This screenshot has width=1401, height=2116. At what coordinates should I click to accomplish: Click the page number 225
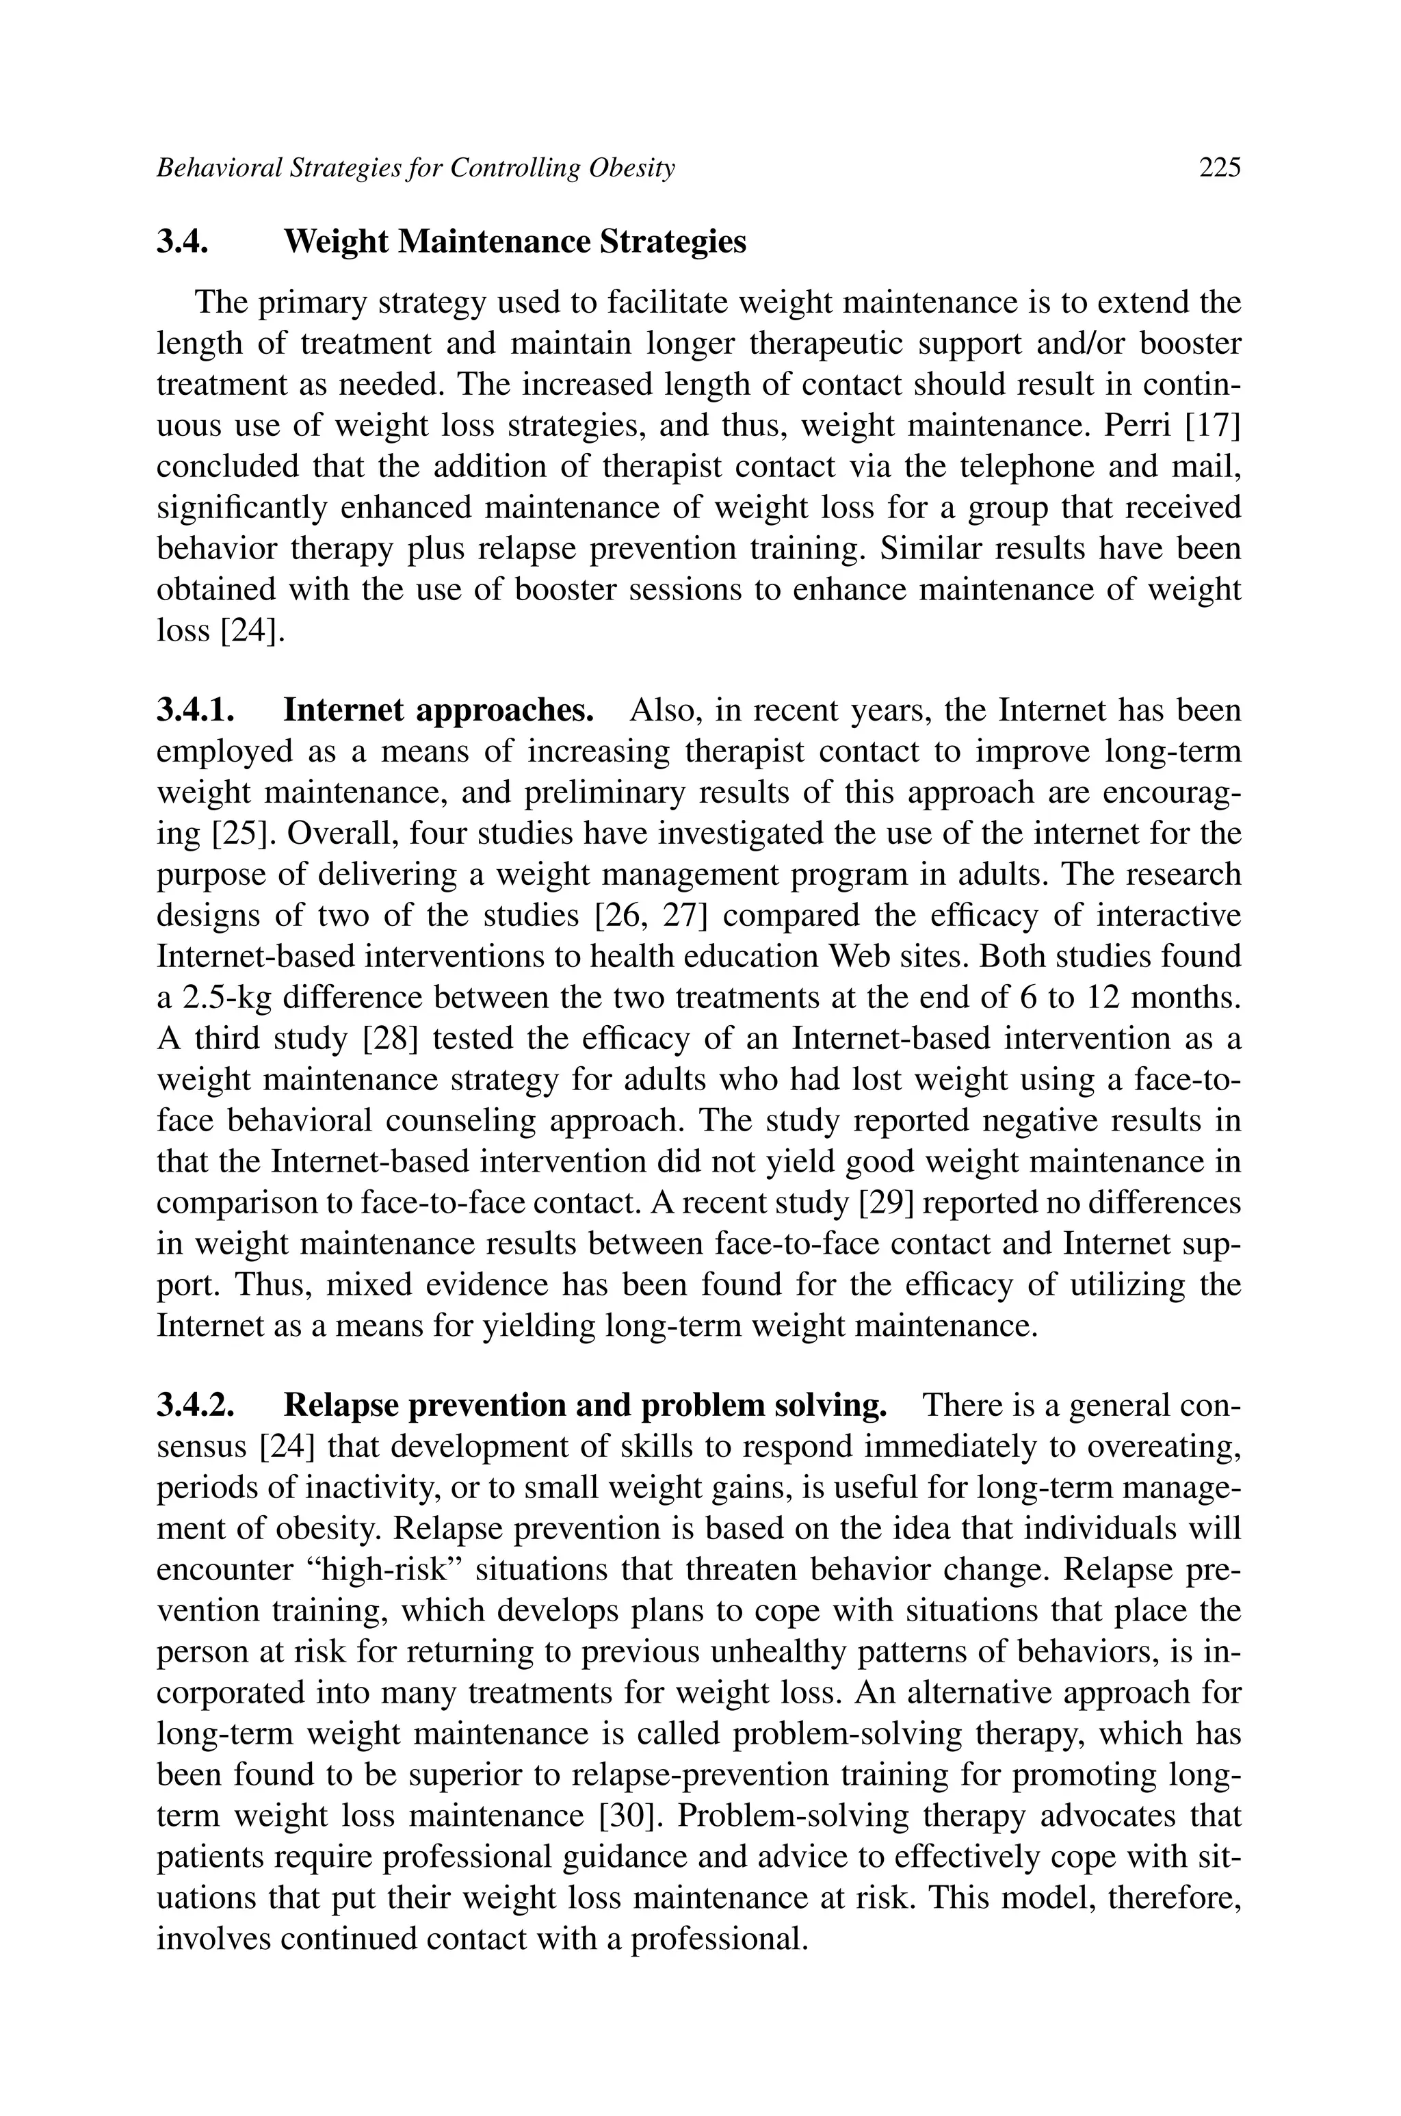click(1220, 167)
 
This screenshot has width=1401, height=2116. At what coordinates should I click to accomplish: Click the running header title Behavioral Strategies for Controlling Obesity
click(415, 167)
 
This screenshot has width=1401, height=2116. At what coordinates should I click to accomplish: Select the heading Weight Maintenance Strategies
click(514, 242)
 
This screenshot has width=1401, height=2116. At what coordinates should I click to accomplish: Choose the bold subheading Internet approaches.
click(438, 710)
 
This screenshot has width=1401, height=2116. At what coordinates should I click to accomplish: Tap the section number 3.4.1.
click(196, 710)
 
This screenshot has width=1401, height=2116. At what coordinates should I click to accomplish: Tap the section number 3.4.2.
click(196, 1406)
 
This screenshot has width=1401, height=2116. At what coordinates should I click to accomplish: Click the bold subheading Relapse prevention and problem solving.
click(586, 1406)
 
